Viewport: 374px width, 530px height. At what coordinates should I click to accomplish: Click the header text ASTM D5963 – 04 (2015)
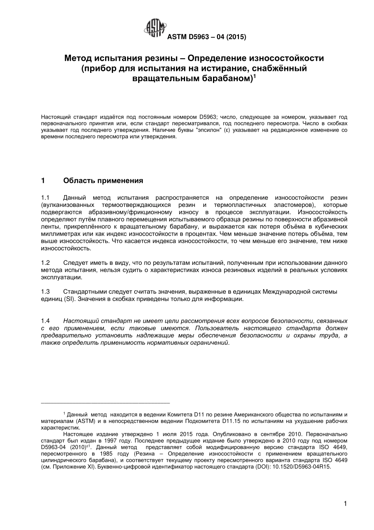207,37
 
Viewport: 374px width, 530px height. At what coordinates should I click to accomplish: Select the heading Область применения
103,181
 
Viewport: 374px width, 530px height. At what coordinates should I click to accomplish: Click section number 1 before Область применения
43,181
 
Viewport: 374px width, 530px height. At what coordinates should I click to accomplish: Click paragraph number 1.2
45,262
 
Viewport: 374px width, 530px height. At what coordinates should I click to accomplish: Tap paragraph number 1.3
45,292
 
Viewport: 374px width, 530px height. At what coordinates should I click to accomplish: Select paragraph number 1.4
45,321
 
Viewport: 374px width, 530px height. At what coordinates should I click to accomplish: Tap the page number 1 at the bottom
345,503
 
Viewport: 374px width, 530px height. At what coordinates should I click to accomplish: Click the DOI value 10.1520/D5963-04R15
303,467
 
